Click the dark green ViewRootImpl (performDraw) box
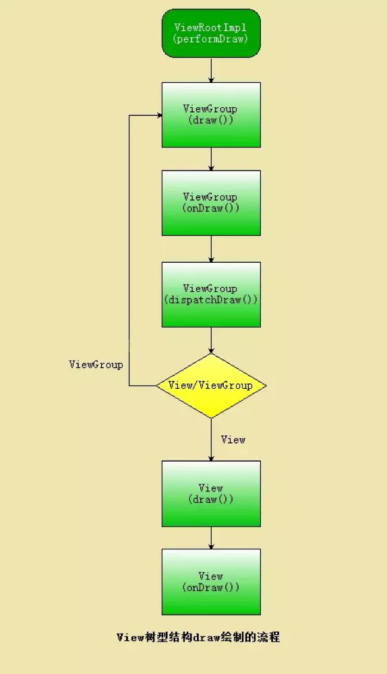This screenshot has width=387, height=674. (211, 33)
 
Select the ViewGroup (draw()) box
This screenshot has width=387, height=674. (211, 115)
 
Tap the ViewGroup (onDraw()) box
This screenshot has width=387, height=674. (211, 203)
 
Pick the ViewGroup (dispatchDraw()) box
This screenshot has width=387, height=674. (211, 295)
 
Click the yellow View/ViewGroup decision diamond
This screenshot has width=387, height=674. (211, 386)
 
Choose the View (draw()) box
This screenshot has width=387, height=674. (211, 493)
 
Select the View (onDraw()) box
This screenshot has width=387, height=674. (211, 582)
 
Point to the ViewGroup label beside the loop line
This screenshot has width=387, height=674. (96, 365)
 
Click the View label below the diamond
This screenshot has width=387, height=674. (233, 439)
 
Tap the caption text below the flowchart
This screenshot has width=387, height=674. (198, 637)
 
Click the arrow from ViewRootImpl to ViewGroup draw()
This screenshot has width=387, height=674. (211, 70)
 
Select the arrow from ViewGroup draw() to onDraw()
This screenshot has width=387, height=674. (211, 159)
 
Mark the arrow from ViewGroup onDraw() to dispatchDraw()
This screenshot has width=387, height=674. (211, 249)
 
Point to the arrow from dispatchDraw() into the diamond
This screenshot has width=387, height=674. (211, 340)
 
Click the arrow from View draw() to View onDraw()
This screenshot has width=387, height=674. (211, 538)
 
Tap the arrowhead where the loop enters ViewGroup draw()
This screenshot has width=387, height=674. (160, 115)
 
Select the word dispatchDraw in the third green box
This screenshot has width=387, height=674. (204, 300)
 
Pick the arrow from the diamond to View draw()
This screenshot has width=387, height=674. (211, 439)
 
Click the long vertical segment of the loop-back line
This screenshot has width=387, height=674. (129, 250)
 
